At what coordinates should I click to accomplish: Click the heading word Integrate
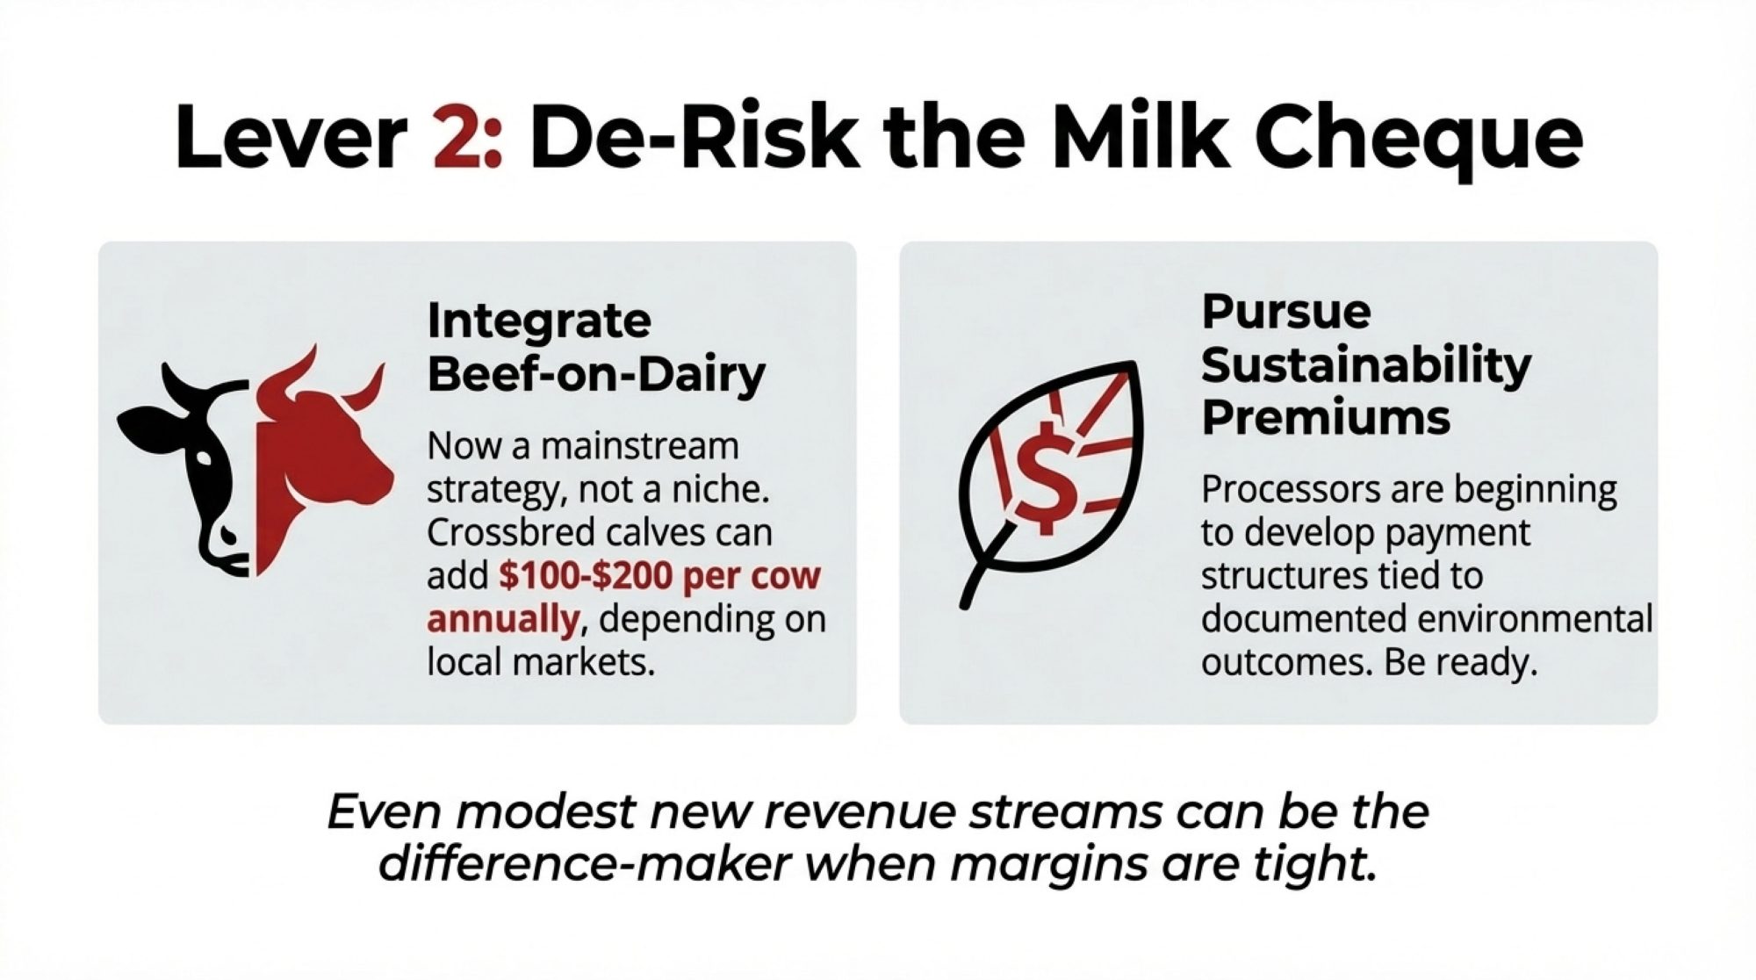coord(539,321)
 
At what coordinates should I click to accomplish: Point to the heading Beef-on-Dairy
coord(596,375)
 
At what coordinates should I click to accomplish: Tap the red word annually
coord(503,620)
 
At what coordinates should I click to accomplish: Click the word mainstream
coord(639,446)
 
